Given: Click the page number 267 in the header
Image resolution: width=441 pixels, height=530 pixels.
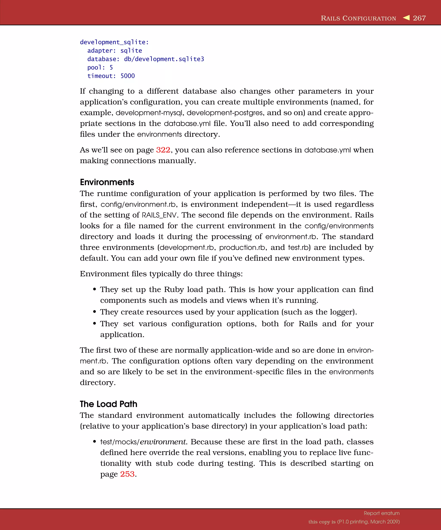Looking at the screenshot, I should click(419, 18).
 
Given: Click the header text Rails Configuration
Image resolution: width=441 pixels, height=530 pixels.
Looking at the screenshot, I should click(358, 18).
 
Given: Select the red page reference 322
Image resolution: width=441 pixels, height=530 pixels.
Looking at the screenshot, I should click(163, 150).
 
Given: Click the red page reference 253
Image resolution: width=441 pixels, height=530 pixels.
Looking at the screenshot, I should click(127, 474).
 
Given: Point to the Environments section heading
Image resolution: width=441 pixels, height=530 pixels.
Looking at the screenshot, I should click(107, 182).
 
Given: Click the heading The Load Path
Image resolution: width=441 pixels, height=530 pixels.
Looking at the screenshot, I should click(108, 404).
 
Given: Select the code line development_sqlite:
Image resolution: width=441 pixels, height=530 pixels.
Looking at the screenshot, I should click(114, 42).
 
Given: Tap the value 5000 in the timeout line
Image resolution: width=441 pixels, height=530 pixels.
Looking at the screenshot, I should click(127, 76).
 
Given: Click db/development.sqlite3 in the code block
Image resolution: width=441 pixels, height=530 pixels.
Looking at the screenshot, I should click(164, 59).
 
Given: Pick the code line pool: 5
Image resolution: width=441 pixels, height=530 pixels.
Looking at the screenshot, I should click(100, 68).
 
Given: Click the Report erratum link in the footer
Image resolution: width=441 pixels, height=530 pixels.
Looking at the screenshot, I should click(381, 513).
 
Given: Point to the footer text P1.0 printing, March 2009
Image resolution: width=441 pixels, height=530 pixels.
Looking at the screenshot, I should click(368, 522).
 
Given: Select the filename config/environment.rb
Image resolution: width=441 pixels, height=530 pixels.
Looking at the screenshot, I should click(138, 204).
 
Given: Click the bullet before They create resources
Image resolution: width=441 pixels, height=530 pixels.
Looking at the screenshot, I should click(95, 312).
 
